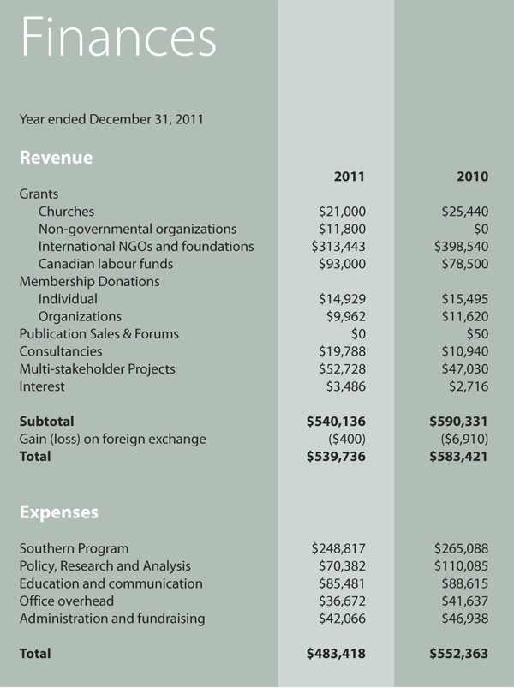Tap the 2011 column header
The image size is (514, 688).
click(350, 176)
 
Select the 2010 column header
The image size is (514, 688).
click(472, 176)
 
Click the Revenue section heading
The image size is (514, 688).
click(56, 158)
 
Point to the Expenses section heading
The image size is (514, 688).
click(58, 512)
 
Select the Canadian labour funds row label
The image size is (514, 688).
click(105, 264)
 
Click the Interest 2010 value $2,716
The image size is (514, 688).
click(469, 386)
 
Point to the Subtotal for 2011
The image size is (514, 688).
click(336, 422)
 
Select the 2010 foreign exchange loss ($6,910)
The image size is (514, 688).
click(464, 439)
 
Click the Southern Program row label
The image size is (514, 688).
click(74, 548)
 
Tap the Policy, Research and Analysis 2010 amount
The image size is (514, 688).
click(461, 566)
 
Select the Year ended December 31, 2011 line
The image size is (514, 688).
click(111, 119)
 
